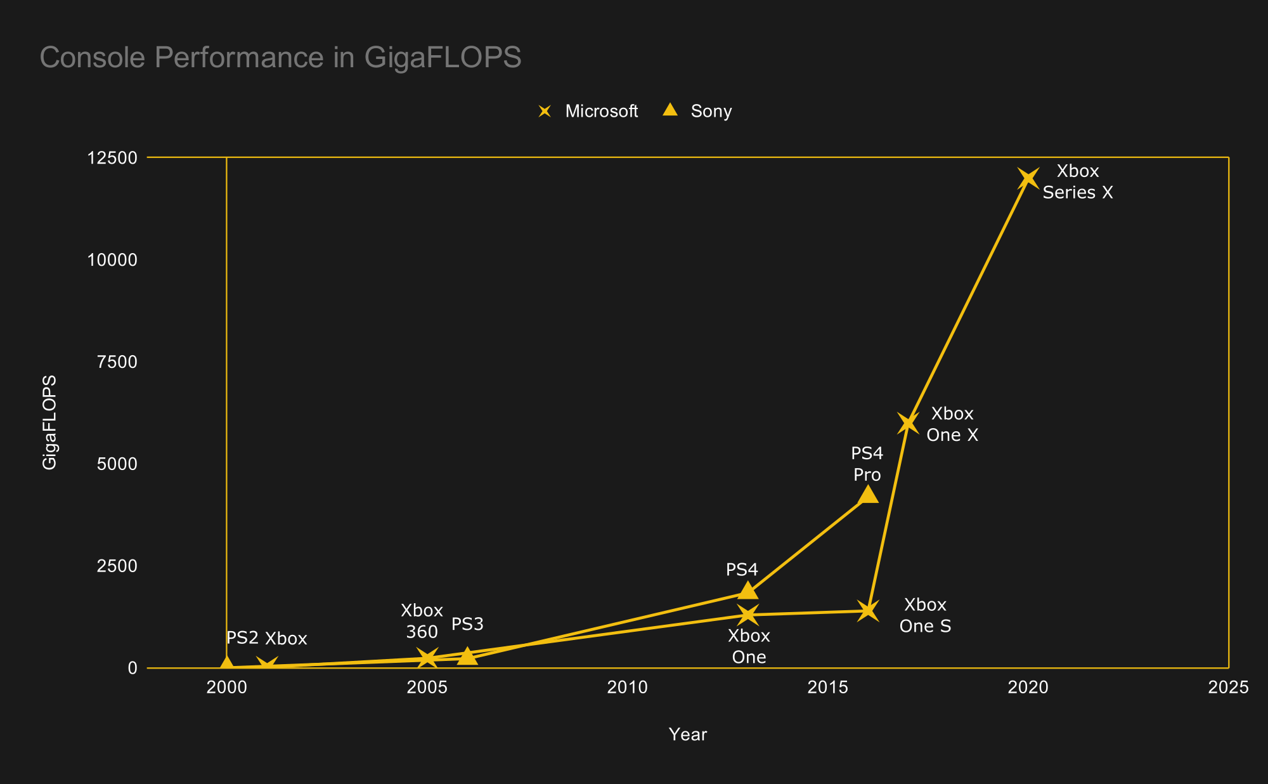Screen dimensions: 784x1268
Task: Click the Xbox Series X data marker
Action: [1028, 178]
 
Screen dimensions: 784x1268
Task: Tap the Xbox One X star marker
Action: [908, 423]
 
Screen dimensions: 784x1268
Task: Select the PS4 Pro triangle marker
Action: [867, 494]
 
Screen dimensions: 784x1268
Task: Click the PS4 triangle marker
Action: [748, 591]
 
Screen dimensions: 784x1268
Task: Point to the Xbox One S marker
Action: [867, 611]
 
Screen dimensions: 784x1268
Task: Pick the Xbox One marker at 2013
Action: [748, 615]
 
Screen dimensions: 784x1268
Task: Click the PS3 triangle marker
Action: [467, 656]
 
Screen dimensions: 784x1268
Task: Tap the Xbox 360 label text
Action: [422, 621]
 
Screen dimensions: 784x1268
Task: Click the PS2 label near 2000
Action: [242, 637]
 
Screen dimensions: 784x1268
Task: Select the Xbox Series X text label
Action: [1077, 181]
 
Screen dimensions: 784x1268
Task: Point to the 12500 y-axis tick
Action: [112, 158]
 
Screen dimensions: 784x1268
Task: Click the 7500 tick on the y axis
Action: [117, 362]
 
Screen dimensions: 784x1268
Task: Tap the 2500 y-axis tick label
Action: [117, 566]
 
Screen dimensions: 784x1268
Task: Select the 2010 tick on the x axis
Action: [627, 687]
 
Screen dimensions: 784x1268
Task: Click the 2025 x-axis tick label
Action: [1228, 687]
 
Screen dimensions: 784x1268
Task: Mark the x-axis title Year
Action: [687, 734]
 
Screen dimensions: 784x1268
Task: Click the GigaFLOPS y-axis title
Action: [49, 422]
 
